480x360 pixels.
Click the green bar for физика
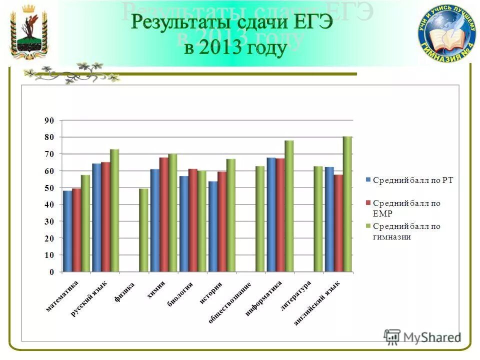(143, 230)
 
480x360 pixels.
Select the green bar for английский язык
(347, 204)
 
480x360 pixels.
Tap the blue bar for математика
(67, 231)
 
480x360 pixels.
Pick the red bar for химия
(163, 215)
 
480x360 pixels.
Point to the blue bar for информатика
(271, 215)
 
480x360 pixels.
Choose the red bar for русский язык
(105, 217)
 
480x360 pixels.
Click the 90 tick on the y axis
(49, 120)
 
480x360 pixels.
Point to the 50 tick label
(49, 187)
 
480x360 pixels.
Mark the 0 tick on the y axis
(51, 272)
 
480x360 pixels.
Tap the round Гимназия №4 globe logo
(447, 33)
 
